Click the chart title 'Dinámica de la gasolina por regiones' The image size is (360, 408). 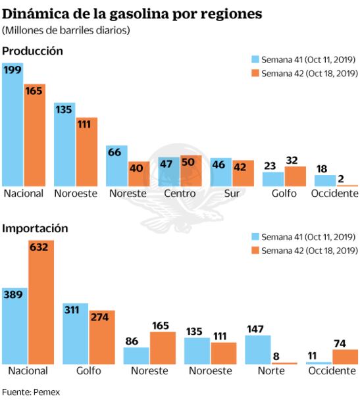click(x=132, y=13)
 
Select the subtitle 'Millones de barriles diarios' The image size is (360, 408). click(x=66, y=30)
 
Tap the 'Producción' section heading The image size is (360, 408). click(x=33, y=51)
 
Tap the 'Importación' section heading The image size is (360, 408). click(x=36, y=228)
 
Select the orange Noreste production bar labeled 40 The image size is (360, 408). click(x=139, y=174)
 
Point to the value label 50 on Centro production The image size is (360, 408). click(x=187, y=163)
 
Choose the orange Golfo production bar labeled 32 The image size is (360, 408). click(x=295, y=176)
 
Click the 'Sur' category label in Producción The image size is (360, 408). click(x=231, y=193)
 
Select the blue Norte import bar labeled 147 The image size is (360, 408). click(x=257, y=349)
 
